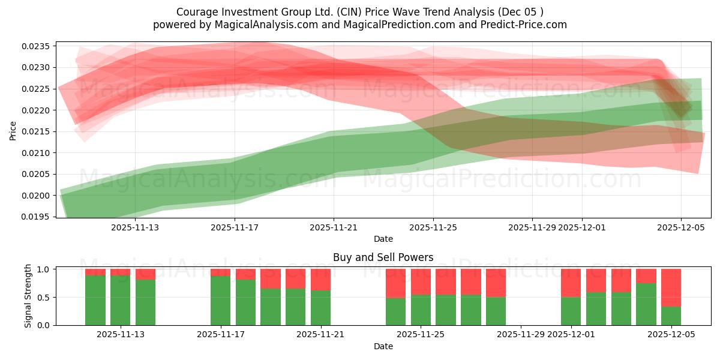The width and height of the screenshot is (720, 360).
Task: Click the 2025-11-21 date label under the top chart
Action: (334, 227)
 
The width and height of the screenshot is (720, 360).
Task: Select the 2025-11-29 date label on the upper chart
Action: (532, 227)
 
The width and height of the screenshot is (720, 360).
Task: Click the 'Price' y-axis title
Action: (13, 130)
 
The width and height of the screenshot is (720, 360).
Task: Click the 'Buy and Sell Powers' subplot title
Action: (383, 257)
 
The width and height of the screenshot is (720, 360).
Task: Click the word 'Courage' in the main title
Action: (195, 12)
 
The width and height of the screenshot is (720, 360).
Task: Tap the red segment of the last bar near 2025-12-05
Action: (671, 287)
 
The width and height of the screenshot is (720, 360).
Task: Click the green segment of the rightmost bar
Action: (671, 316)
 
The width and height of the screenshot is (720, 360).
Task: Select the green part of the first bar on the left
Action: (95, 300)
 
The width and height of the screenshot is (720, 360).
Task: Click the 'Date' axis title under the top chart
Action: (383, 239)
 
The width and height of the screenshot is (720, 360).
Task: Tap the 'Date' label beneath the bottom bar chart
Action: (383, 346)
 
